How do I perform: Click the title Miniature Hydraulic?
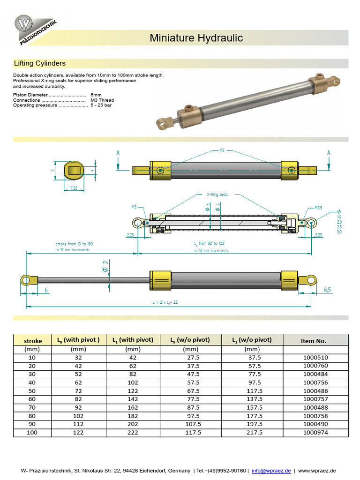[x=196, y=38]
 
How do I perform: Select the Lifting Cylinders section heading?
[x=40, y=63]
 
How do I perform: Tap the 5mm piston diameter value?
[x=96, y=95]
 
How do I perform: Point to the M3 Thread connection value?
[x=102, y=100]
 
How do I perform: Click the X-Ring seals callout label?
[x=217, y=194]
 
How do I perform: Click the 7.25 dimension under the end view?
[x=74, y=187]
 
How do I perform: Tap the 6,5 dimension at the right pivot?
[x=327, y=290]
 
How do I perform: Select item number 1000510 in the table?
[x=315, y=357]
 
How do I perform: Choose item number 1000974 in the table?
[x=315, y=433]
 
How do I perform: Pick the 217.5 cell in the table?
[x=252, y=433]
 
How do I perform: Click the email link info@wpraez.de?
[x=271, y=471]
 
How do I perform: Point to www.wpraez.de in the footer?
[x=317, y=471]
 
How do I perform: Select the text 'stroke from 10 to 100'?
[x=74, y=244]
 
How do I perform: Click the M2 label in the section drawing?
[x=134, y=206]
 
